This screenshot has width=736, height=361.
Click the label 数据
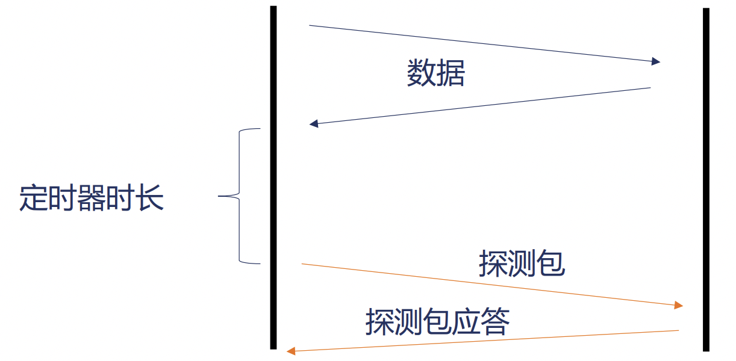coord(436,74)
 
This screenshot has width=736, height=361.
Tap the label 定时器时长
coord(92,198)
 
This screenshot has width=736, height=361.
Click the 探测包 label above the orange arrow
coord(522,264)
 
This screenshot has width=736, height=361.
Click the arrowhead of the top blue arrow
coord(656,61)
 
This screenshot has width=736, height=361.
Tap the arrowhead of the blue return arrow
coord(313,124)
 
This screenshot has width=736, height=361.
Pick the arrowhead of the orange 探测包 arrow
coord(679,306)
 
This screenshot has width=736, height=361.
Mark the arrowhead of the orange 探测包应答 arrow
coord(290,350)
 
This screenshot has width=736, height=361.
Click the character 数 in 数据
coord(421,74)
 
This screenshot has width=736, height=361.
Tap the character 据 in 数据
coord(451,74)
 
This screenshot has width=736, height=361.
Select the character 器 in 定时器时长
coord(92,198)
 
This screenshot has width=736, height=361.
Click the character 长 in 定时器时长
coord(150,198)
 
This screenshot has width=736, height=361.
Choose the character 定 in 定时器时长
coord(33,198)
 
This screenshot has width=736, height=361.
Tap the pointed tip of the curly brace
coord(219,196)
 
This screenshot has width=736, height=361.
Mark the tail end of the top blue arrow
coord(310,26)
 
